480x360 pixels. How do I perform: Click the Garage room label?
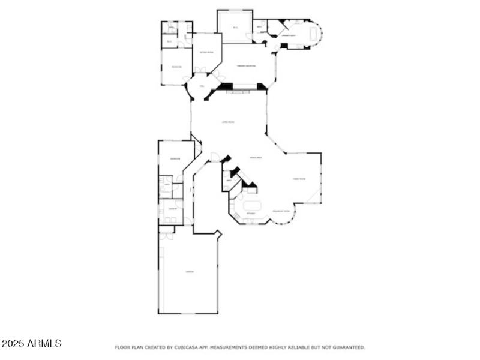[x=189, y=272]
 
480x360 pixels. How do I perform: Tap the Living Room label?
[x=228, y=122]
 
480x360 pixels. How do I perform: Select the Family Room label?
[x=299, y=179]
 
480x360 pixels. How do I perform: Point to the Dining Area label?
[x=256, y=157]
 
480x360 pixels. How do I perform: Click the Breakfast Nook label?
[x=281, y=211]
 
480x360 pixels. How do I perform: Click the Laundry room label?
[x=172, y=208]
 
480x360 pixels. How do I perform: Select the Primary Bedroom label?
[x=246, y=66]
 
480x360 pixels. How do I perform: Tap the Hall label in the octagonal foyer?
[x=202, y=86]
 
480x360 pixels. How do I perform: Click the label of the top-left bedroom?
[x=176, y=67]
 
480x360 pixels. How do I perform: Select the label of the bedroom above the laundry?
[x=175, y=158]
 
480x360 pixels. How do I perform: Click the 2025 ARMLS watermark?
[x=31, y=344]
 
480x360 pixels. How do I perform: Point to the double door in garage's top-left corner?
[x=166, y=235]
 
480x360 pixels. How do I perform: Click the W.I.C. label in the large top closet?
[x=235, y=28]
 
